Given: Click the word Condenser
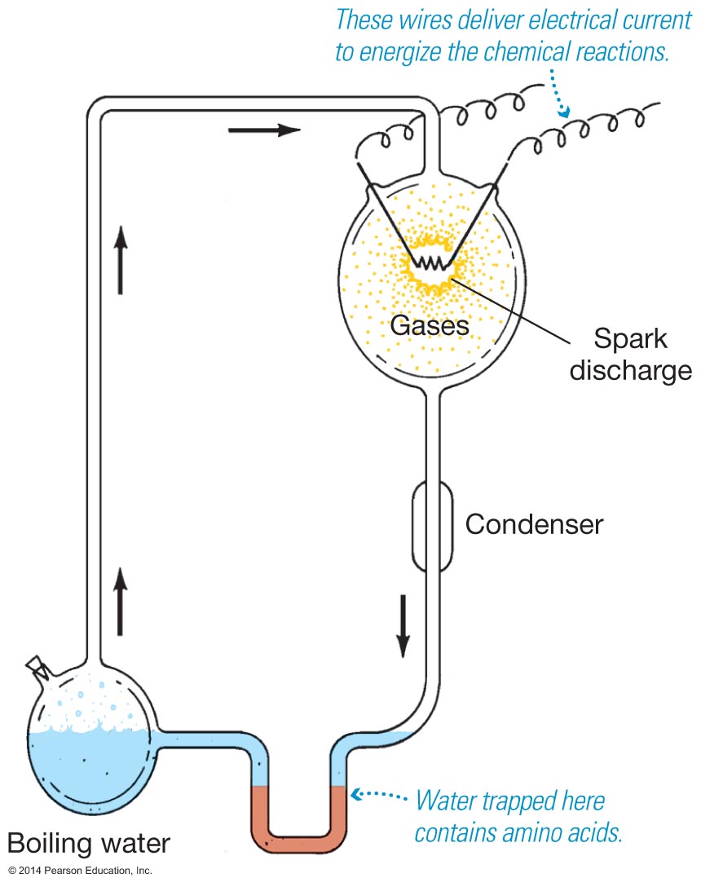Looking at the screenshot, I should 534,524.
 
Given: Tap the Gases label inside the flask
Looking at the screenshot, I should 430,326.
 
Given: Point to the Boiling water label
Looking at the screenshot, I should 89,841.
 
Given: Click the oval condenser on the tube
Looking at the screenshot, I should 431,526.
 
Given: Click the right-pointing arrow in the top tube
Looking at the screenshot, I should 264,130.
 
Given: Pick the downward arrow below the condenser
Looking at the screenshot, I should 403,625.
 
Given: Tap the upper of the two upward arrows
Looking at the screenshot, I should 121,258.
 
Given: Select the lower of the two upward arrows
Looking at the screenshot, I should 121,601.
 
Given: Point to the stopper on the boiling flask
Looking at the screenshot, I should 37,665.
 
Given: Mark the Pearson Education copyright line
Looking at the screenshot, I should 80,871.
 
